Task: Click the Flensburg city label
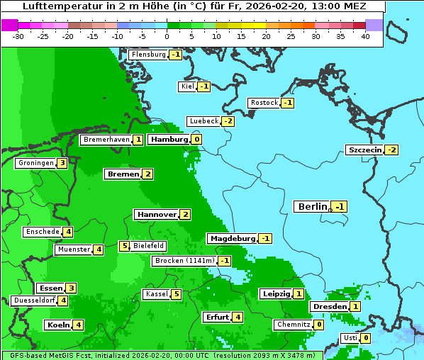coord(148,55)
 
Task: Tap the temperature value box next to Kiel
coord(204,86)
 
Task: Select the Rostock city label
coord(264,103)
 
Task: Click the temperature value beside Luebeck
coord(228,121)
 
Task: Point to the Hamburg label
coord(169,140)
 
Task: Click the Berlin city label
coord(312,207)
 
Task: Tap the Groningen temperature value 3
coord(62,163)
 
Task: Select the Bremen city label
coord(123,174)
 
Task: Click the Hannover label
coord(156,214)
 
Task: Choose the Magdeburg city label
coord(232,238)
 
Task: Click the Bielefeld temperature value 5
coord(124,246)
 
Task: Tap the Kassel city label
coord(155,294)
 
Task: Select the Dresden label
coord(330,306)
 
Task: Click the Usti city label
coord(350,338)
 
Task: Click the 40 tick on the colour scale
coord(365,36)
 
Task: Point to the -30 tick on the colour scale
coord(18,36)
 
